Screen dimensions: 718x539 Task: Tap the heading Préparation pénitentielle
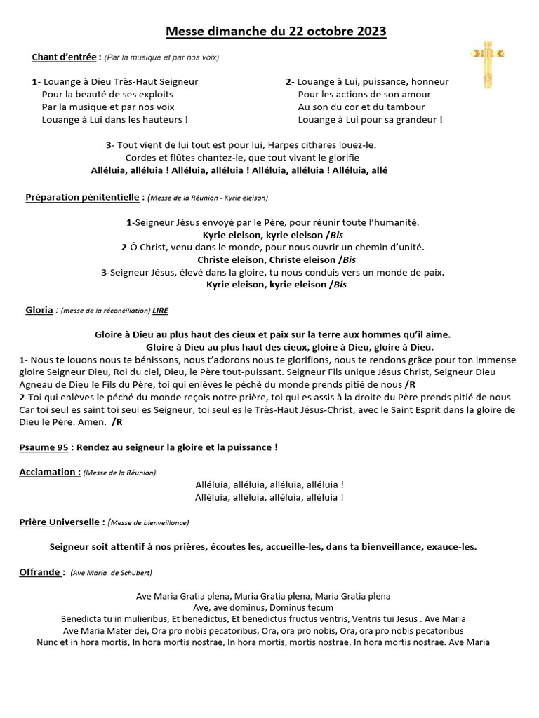[x=84, y=197]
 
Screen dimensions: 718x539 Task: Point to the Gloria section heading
[x=39, y=309]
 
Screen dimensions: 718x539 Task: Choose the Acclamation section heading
[x=48, y=472]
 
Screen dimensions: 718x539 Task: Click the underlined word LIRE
[x=161, y=310]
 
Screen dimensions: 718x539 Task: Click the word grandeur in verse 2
[x=416, y=119]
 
